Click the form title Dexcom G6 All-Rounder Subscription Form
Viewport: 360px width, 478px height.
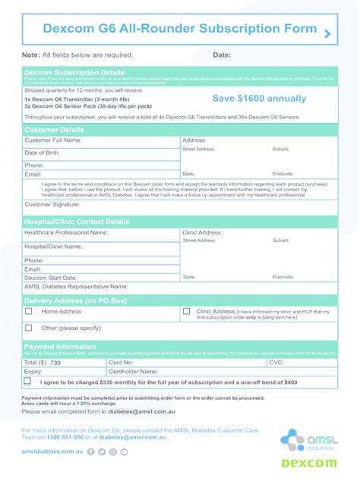[169, 29]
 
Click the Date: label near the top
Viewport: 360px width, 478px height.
[222, 55]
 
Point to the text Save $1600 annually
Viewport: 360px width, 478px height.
[259, 99]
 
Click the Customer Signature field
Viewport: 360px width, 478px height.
[137, 205]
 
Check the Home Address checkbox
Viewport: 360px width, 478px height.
[29, 311]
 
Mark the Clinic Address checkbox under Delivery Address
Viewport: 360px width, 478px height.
[187, 311]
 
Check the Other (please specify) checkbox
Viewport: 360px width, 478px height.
[29, 328]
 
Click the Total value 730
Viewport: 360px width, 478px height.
[55, 363]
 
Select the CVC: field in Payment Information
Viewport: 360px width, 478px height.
[311, 363]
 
